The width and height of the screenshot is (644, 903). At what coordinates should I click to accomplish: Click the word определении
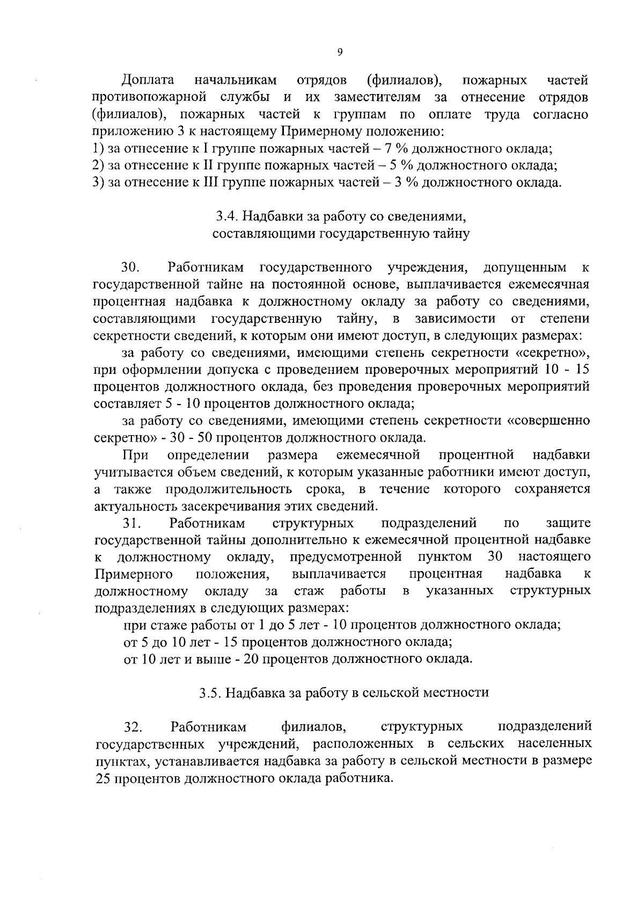(x=208, y=455)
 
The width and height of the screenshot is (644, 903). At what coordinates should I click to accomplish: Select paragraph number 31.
(x=131, y=523)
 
